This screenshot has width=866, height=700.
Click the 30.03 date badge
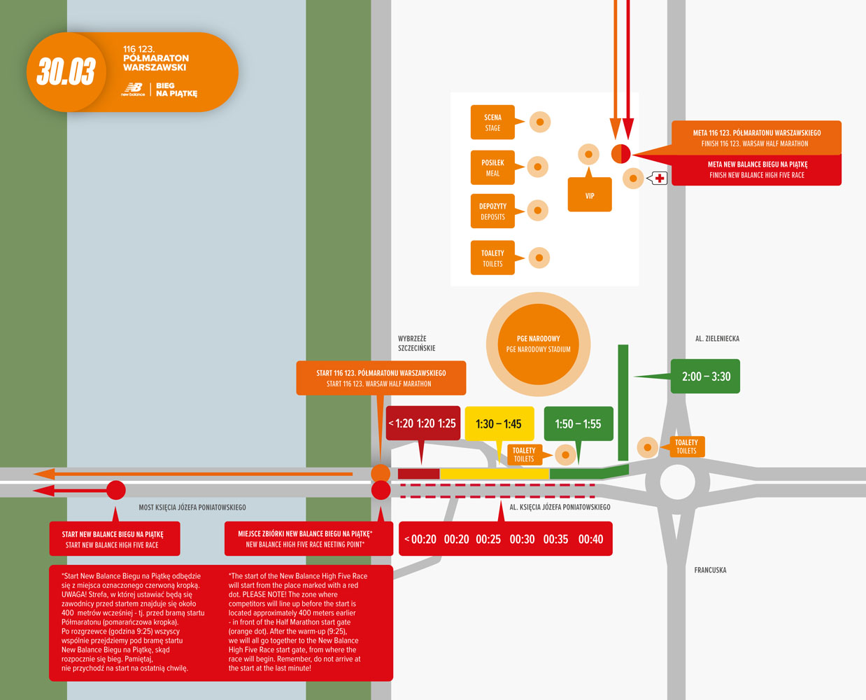click(66, 71)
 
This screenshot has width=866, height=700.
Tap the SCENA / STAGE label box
click(492, 122)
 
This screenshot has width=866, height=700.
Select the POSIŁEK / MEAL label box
click(492, 168)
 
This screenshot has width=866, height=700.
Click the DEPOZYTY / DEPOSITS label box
click(492, 211)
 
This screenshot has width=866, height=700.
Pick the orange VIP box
click(590, 195)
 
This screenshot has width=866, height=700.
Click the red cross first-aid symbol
click(660, 178)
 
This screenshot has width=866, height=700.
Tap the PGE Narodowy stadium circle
click(538, 344)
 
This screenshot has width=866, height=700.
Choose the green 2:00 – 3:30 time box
click(706, 377)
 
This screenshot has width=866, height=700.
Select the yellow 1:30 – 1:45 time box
click(499, 423)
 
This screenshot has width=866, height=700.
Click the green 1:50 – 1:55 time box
click(578, 423)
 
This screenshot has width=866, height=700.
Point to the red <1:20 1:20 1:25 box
click(423, 423)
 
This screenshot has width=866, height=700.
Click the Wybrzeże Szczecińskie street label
click(417, 343)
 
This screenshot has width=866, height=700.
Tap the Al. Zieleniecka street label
click(717, 339)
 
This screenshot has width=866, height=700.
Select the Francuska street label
click(710, 570)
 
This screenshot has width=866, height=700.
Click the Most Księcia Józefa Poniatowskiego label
click(192, 507)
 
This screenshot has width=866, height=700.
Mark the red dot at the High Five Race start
click(115, 491)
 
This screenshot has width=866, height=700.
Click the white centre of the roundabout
click(677, 482)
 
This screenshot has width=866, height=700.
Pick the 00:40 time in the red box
click(590, 539)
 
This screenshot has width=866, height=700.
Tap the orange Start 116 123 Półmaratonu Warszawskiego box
click(381, 378)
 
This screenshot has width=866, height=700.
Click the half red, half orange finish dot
click(621, 153)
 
